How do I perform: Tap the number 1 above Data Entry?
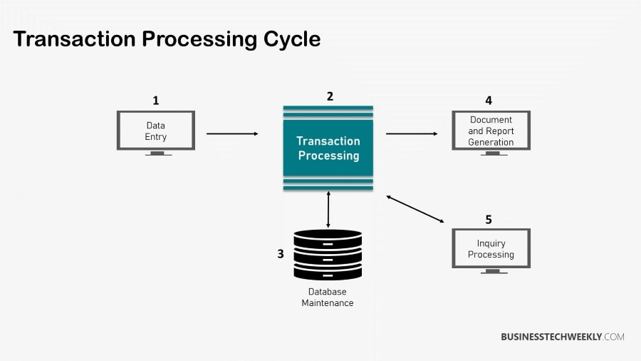click(155, 101)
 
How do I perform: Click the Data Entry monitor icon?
click(156, 131)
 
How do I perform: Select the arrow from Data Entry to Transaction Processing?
click(232, 133)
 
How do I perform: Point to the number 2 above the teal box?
click(330, 96)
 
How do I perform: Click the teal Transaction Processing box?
click(328, 148)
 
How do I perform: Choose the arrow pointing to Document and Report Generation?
click(412, 133)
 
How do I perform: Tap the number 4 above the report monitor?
click(489, 101)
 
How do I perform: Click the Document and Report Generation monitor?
click(491, 131)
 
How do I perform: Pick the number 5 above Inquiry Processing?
click(489, 220)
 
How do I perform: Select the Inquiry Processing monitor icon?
click(491, 248)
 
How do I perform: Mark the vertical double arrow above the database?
click(328, 210)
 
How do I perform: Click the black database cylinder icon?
click(328, 255)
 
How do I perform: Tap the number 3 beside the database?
click(281, 253)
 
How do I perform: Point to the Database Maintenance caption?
click(327, 298)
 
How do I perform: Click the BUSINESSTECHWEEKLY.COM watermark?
click(562, 337)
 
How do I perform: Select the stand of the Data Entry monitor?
click(157, 153)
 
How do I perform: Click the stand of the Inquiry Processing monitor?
click(491, 272)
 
